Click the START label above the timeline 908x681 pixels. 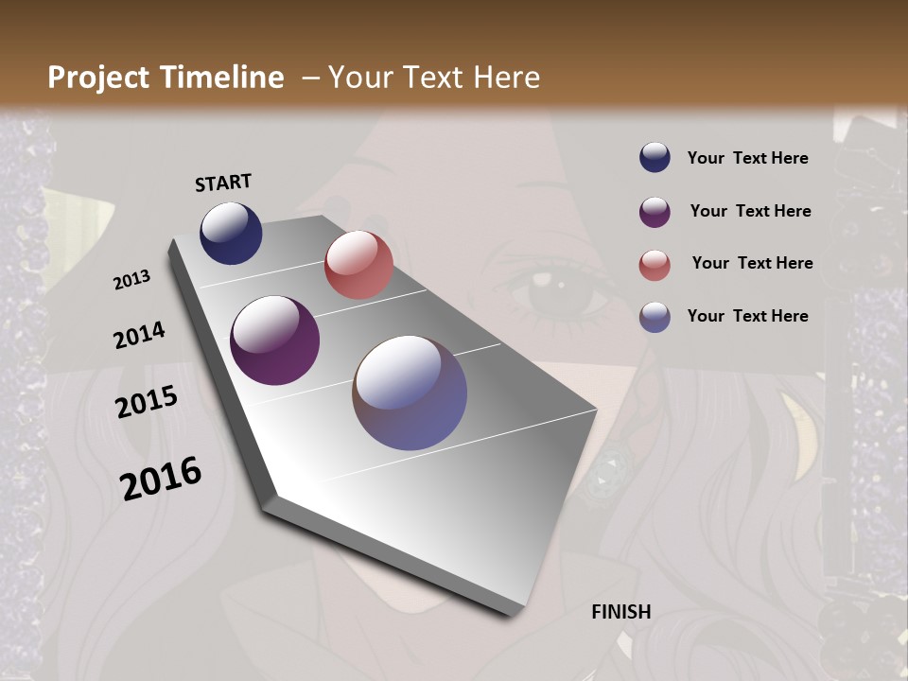[223, 183]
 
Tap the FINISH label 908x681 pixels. [621, 612]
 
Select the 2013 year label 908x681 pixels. [131, 280]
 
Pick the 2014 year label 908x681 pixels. [139, 336]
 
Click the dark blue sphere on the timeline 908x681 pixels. [231, 233]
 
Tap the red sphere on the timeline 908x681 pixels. [358, 265]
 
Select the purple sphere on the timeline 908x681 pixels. [274, 340]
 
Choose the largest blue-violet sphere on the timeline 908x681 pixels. [410, 393]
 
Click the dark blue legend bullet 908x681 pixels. [655, 158]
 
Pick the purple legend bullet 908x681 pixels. [655, 212]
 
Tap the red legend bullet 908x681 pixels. [655, 265]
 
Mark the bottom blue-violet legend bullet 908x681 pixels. [655, 317]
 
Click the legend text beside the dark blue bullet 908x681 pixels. [747, 158]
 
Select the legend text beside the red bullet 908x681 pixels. [752, 263]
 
